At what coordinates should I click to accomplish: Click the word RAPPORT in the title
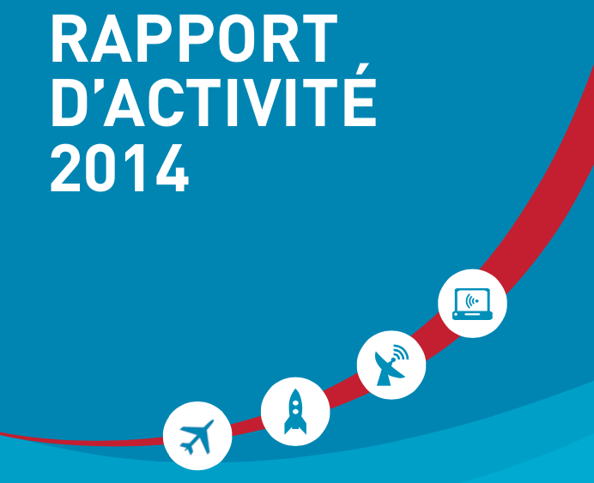[x=194, y=39]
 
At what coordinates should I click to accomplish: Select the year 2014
[x=119, y=168]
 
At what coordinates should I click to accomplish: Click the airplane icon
[x=197, y=437]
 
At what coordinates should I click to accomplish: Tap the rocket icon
[x=295, y=412]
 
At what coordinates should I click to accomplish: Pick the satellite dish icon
[x=391, y=365]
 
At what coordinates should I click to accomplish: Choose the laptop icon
[x=472, y=304]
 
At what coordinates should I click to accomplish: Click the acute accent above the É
[x=361, y=69]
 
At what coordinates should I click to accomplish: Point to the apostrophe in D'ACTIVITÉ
[x=98, y=85]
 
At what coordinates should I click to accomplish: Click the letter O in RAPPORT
[x=237, y=39]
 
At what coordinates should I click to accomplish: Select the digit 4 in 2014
[x=173, y=168]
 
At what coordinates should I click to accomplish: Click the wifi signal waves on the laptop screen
[x=472, y=301]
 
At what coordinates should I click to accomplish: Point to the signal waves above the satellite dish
[x=401, y=353]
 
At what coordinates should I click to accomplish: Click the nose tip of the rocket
[x=295, y=389]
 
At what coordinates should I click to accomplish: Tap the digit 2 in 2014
[x=65, y=168]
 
